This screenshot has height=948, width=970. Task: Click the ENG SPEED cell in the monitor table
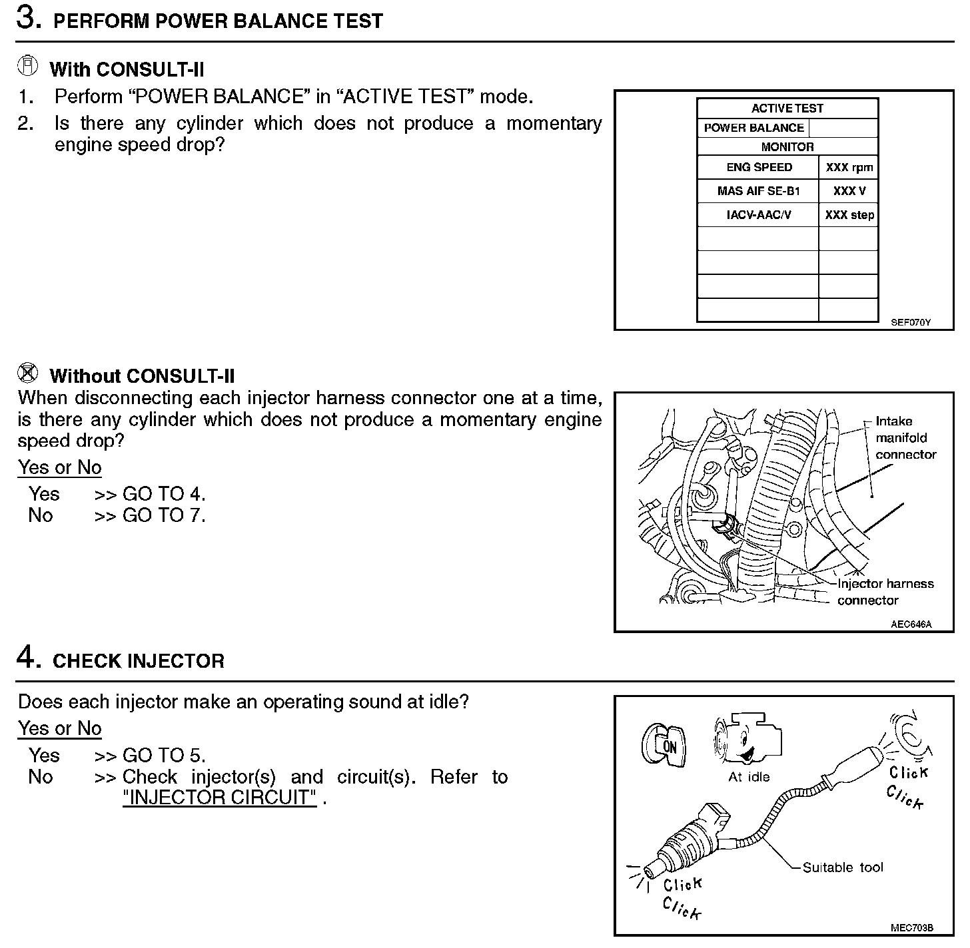[x=759, y=168]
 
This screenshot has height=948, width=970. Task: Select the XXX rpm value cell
[x=849, y=168]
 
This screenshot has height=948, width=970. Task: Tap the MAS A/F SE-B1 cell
[x=758, y=191]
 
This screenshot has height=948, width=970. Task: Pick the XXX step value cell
[x=849, y=215]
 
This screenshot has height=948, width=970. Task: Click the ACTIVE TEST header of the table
[x=787, y=109]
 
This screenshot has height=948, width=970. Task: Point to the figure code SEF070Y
[x=911, y=323]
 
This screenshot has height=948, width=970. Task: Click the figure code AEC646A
[x=911, y=624]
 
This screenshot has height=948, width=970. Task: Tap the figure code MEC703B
[x=911, y=927]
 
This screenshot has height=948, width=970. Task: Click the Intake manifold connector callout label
[x=905, y=438]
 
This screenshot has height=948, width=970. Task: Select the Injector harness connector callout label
[x=885, y=592]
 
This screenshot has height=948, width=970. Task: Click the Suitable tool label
[x=842, y=867]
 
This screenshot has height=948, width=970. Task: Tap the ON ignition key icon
[x=664, y=744]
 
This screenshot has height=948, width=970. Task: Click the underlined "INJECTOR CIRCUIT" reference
[x=219, y=798]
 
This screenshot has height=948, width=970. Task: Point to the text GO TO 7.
[x=164, y=515]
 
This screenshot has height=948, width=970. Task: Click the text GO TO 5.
[x=164, y=756]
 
